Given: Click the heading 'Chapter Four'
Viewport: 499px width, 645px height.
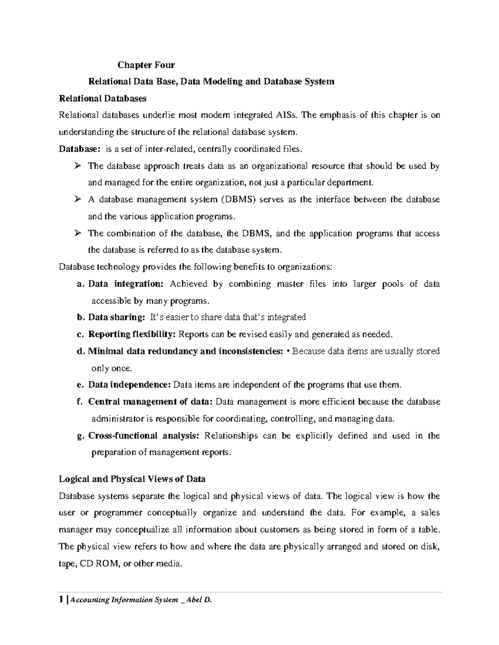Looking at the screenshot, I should [146, 65].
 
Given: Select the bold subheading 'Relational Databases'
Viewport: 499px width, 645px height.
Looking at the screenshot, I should [103, 98].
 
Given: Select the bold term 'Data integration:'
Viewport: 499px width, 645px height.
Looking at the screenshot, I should [126, 284].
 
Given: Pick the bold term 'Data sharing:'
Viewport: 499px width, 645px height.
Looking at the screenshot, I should [116, 317].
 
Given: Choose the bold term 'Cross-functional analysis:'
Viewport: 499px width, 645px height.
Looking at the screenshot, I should [143, 436].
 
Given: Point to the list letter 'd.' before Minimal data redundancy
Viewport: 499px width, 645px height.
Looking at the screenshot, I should [80, 351].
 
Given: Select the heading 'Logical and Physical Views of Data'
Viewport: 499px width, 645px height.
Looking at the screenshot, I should [132, 479].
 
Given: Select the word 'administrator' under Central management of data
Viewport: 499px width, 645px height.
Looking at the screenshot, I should [118, 419].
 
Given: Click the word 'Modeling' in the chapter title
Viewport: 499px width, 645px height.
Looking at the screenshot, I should [222, 81].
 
